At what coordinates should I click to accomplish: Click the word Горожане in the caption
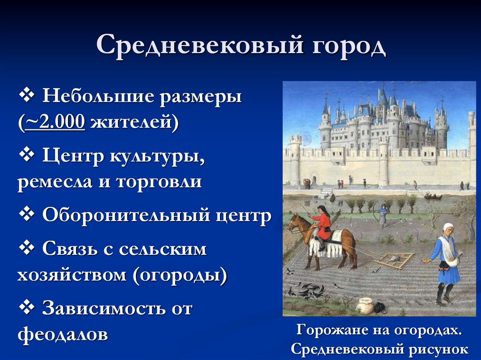(x=329, y=331)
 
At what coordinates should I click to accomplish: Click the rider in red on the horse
(x=323, y=223)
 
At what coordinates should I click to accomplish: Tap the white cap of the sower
(x=449, y=227)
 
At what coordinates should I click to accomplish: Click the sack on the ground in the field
(x=365, y=306)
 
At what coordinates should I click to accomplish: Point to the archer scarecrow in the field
(x=383, y=214)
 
